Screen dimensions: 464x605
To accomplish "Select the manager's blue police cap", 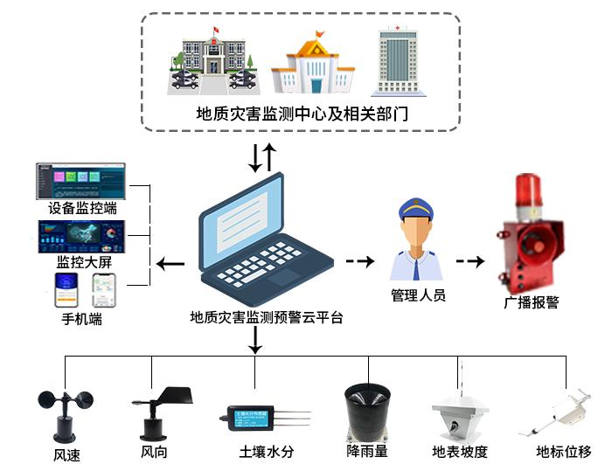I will point(415,210).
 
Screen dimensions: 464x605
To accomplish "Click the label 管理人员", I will point(418,295).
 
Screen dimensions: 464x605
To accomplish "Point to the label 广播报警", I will point(532,302).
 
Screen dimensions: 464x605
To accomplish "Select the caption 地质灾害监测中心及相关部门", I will point(302,114).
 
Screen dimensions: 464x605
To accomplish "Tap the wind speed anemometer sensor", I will point(65,415).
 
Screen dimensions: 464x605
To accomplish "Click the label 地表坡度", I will point(458,453).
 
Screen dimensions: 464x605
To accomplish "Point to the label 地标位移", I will point(563,453).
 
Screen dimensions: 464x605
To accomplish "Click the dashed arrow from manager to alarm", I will point(470,261).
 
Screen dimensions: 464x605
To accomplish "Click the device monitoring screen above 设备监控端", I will point(80,181).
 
